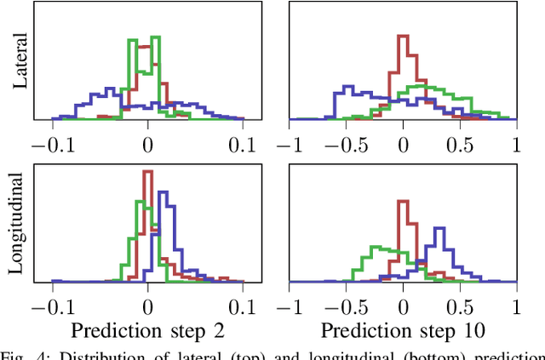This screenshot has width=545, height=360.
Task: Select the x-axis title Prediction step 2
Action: coord(147,329)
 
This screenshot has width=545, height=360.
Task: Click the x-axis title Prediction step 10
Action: coord(403,329)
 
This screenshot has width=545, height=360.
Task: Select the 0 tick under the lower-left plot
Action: coord(147,306)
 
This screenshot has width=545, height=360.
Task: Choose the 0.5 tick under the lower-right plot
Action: coord(460,306)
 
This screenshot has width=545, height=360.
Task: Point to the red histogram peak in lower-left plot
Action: coord(147,173)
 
